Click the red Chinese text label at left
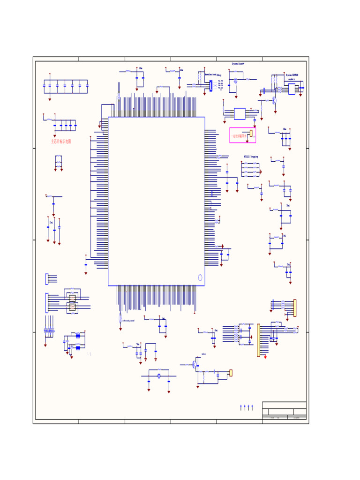[x=61, y=141]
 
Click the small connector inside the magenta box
[x=251, y=134]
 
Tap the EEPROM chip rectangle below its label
[x=292, y=89]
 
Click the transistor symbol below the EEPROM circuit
[x=274, y=100]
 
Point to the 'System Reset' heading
[x=238, y=63]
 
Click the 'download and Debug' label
[x=213, y=74]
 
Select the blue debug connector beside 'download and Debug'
[x=211, y=86]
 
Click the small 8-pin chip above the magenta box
[x=240, y=113]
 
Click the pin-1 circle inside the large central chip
[x=200, y=277]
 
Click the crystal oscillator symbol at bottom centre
[x=159, y=376]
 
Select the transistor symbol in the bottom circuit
[x=195, y=364]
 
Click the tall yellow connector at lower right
[x=258, y=340]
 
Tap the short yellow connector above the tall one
[x=295, y=308]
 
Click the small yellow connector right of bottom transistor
[x=231, y=373]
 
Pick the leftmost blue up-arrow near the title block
[x=241, y=407]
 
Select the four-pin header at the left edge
[x=47, y=278]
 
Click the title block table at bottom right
[x=284, y=411]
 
